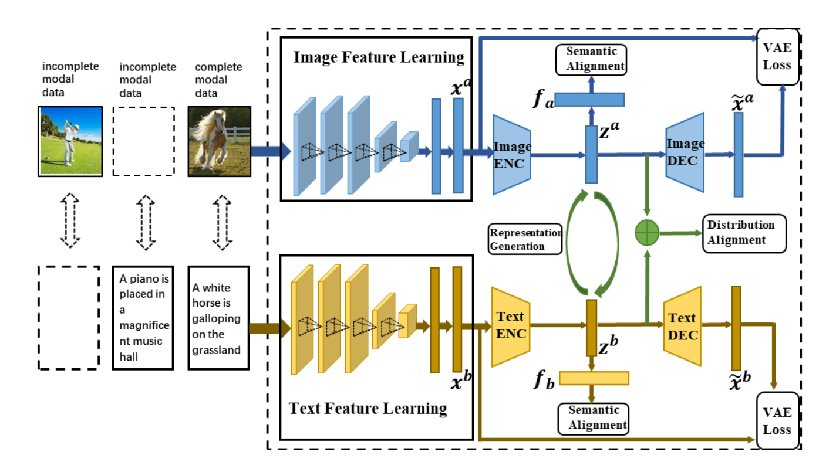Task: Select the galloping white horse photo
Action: coord(219,141)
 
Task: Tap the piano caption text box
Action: coord(143,317)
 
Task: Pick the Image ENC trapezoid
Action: coord(512,154)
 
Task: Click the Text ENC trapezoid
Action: coord(511,325)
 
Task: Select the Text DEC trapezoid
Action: coord(683,327)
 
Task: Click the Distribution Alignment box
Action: coord(744,233)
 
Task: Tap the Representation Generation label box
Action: coord(525,239)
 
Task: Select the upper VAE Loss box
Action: coord(777,57)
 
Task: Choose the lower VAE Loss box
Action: coord(777,420)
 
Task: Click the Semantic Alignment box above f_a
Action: coord(591,59)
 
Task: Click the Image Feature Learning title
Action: coord(379,57)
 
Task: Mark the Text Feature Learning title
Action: coord(368,408)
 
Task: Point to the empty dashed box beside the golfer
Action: coord(144,141)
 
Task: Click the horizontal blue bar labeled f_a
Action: coord(589,100)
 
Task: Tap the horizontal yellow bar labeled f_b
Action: coord(594,378)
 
